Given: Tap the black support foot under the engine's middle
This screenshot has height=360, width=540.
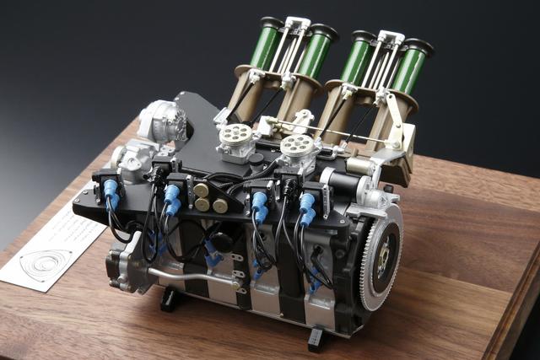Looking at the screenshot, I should click(x=170, y=299).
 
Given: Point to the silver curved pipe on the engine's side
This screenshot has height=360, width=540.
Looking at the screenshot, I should click(x=181, y=276).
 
